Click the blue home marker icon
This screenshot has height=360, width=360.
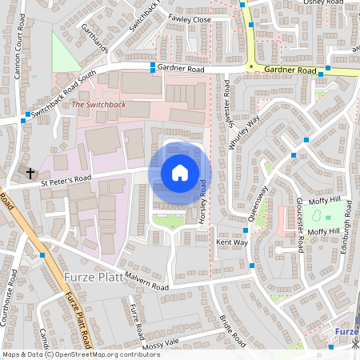(x=180, y=173)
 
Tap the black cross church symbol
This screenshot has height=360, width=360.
(x=30, y=173)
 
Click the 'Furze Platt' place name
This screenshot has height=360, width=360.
(x=89, y=278)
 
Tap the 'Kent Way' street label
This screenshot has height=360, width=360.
(x=232, y=242)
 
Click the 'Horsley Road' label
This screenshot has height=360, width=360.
(x=203, y=202)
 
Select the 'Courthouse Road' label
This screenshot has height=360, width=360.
(x=12, y=297)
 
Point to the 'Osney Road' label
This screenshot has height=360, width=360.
(x=322, y=4)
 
